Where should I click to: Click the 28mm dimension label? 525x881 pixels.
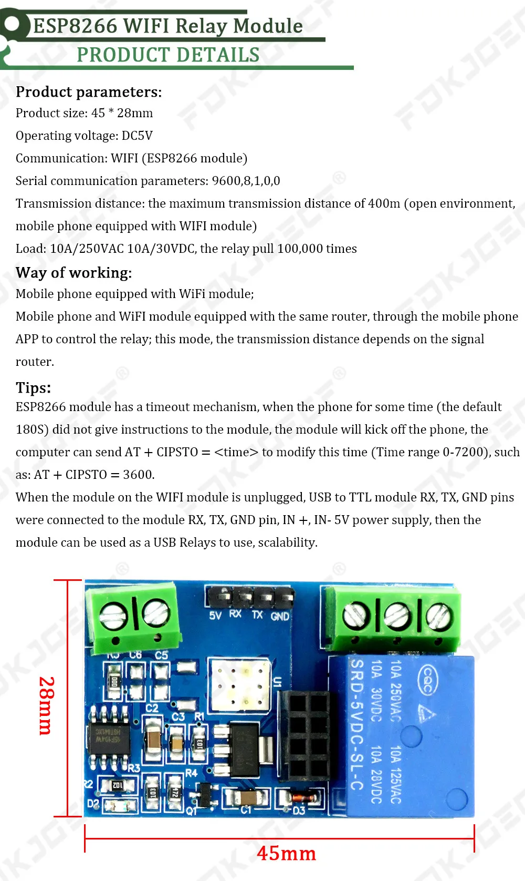(x=46, y=705)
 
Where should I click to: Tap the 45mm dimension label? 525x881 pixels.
(x=286, y=854)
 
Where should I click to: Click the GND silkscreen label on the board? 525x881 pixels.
(x=280, y=616)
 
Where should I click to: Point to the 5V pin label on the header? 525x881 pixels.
(x=215, y=616)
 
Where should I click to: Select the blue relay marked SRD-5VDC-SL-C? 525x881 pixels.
(x=402, y=736)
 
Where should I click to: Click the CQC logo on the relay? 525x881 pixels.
(x=427, y=679)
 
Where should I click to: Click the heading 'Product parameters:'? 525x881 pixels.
(x=89, y=92)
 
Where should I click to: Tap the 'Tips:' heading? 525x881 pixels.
(x=34, y=388)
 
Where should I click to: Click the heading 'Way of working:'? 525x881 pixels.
(x=73, y=273)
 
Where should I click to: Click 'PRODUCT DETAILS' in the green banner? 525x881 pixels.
(x=168, y=55)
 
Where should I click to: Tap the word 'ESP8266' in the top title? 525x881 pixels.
(x=75, y=26)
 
